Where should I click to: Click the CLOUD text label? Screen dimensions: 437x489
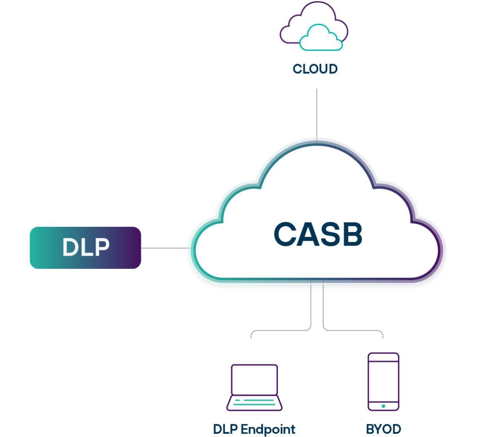(315, 69)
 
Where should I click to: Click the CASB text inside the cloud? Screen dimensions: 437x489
(318, 234)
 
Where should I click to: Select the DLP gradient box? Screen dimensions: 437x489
(85, 248)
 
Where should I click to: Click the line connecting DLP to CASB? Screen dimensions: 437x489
(163, 248)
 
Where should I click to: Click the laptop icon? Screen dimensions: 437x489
(254, 387)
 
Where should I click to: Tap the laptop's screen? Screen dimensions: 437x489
(254, 379)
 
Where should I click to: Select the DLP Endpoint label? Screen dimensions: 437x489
(254, 429)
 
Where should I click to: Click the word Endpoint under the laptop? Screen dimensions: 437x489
(268, 429)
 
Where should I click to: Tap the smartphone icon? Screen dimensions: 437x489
(383, 381)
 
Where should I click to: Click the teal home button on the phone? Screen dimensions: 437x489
(383, 406)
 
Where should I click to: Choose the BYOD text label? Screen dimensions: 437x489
(383, 429)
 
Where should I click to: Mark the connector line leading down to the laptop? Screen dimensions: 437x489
(281, 330)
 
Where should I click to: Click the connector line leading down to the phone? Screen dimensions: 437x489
(352, 330)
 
